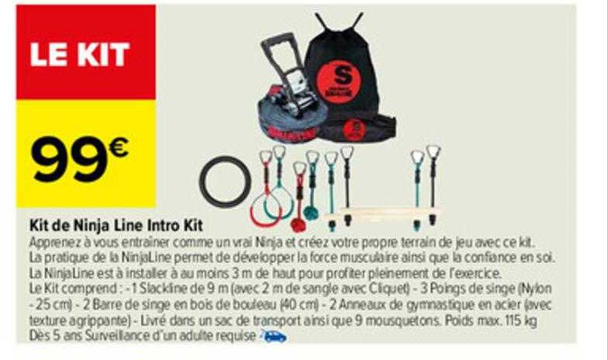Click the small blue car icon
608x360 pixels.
(275, 337)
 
